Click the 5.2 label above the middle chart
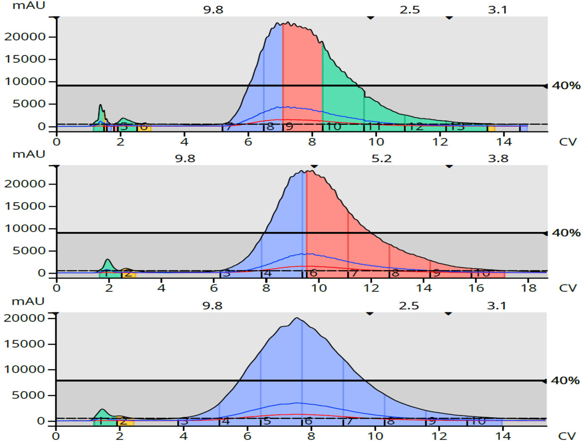coord(381,159)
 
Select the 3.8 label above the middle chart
coord(498,159)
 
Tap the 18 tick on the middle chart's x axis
coord(529,288)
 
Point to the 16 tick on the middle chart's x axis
coord(476,288)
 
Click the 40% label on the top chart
coord(566,85)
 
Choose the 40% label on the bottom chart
coord(565,381)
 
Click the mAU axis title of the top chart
coord(29,6)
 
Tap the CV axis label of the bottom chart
coord(567,436)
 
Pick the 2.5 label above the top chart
coord(410,10)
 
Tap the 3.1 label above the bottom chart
coord(496,305)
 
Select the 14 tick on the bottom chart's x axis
coord(503,436)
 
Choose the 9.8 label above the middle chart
coord(185,159)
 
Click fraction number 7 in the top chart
coord(228,127)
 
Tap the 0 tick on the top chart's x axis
coord(57,142)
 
